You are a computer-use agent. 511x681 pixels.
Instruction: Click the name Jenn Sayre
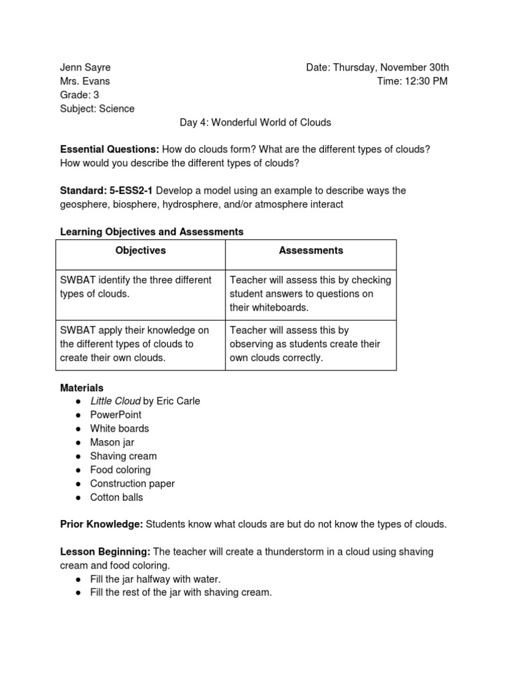85,67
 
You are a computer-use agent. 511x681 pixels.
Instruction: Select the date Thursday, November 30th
391,67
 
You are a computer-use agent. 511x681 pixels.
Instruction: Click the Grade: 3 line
79,95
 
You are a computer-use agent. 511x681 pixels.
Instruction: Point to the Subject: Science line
97,108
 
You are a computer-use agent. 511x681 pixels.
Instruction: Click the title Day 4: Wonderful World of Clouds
255,122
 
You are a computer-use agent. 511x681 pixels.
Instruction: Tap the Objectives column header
140,251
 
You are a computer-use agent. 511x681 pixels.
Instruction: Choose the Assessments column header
311,251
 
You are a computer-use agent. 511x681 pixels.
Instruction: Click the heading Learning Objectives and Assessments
152,232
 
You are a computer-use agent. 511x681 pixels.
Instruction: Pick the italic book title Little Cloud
115,401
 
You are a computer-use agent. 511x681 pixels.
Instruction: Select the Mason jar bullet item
112,442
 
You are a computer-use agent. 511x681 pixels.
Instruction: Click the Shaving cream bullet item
123,456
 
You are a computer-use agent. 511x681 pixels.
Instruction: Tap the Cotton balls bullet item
116,497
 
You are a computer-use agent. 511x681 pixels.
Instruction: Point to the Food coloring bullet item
120,470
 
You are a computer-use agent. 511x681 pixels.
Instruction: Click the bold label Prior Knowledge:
101,525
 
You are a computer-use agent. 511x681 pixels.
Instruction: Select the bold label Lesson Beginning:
105,552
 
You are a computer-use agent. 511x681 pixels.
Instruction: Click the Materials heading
82,388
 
